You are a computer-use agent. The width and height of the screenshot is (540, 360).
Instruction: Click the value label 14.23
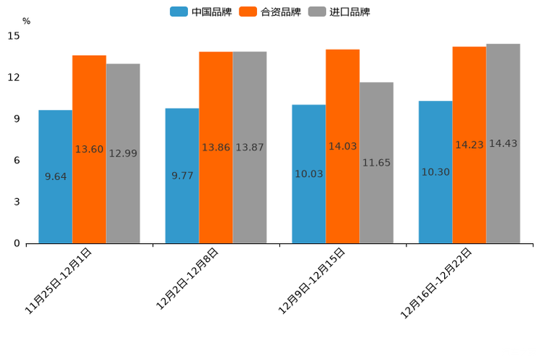(469, 145)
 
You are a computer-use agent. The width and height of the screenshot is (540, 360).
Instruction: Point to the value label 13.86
(216, 147)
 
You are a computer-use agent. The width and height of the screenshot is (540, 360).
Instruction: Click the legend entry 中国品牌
(201, 12)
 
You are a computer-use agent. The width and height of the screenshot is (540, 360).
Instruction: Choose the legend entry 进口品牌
(339, 12)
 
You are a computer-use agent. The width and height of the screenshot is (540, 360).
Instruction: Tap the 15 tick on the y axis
(14, 36)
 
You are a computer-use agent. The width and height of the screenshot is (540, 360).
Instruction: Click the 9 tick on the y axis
(17, 119)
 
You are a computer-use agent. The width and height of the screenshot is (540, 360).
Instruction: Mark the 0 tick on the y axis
(17, 244)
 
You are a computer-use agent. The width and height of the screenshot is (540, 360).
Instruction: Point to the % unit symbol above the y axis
(26, 21)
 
